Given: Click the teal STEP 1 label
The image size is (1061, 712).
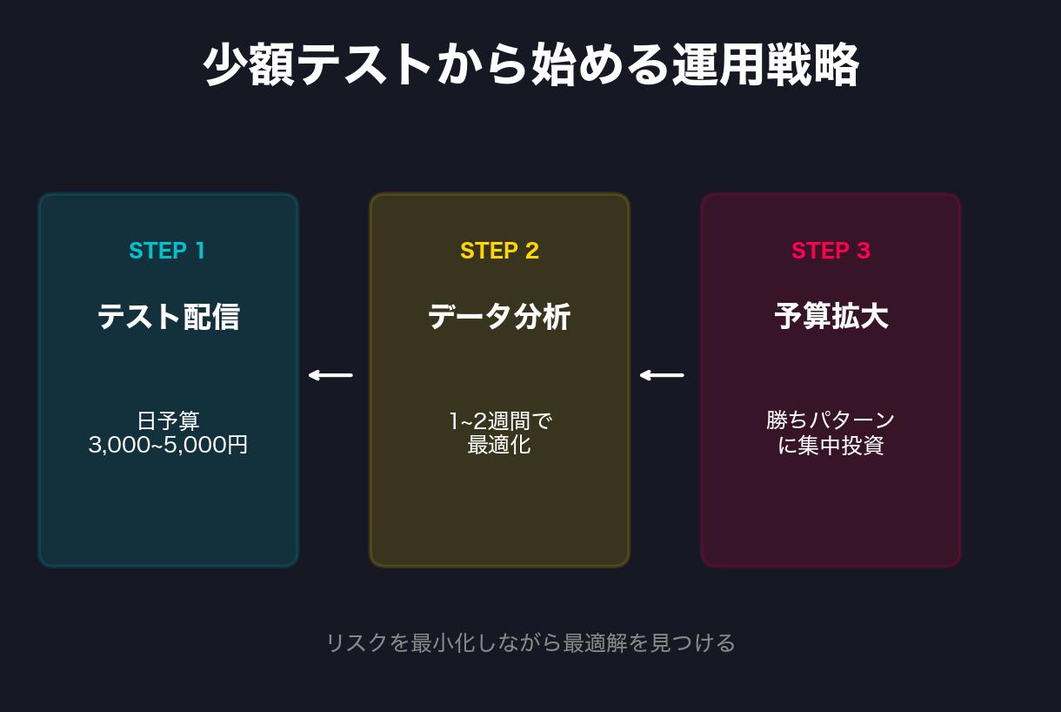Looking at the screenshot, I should coord(167,251).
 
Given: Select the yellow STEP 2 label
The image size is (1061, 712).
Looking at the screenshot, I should coord(499,251).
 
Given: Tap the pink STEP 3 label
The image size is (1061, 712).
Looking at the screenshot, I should coord(831,251).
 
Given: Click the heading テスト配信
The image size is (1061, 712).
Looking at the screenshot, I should coord(168,316).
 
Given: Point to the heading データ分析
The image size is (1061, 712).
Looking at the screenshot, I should coord(499,316).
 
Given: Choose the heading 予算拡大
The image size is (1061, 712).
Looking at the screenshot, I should coord(831,316).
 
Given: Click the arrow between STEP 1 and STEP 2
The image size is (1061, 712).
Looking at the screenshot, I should coord(330,375).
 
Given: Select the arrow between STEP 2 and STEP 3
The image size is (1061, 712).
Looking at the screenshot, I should coord(662,375).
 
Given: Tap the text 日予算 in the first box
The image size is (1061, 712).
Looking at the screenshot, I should coord(168,420).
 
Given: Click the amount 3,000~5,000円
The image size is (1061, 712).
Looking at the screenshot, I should coord(168,445).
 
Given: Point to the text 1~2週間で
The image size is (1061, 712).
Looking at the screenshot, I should coord(499,420).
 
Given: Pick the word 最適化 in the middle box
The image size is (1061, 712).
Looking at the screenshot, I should coord(499,445).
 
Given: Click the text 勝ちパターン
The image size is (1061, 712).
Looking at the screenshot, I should coord(831,420).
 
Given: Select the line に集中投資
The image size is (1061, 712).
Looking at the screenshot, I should coord(831,445).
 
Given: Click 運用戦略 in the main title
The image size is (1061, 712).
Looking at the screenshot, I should coord(765,65).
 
